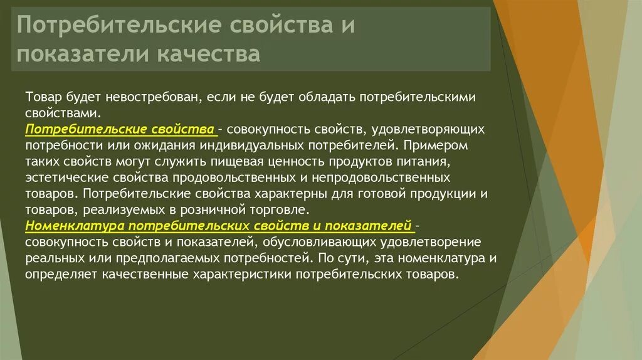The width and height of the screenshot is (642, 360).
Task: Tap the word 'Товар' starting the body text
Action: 42,97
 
